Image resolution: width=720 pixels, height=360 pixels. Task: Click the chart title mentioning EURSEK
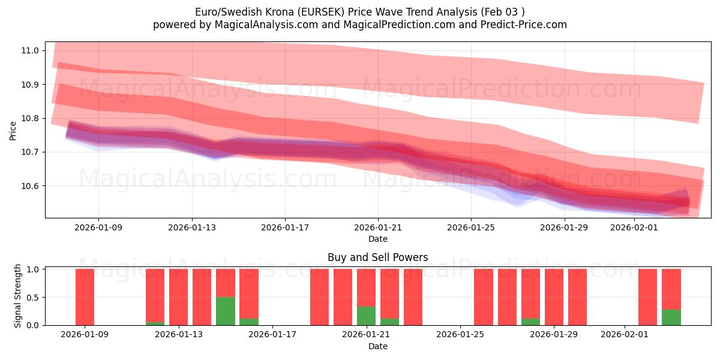[x=360, y=12]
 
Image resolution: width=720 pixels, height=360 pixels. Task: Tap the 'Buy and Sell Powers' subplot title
[x=377, y=257]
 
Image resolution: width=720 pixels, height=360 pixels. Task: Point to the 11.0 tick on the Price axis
[x=30, y=50]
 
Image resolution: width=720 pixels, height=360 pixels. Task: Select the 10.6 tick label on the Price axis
[x=30, y=186]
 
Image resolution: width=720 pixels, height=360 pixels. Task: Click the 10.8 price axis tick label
[x=30, y=118]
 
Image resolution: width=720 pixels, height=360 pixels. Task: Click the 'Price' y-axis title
[x=13, y=130]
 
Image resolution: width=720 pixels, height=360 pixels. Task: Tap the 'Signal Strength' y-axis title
[x=18, y=296]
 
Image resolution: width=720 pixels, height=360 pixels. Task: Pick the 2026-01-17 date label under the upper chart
[x=284, y=227]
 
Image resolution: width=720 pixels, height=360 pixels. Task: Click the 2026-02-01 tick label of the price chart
[x=634, y=227]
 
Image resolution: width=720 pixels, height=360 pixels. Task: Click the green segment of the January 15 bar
[x=226, y=311]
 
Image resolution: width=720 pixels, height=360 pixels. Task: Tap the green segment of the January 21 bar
[x=366, y=316]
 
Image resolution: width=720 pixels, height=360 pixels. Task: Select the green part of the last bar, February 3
[x=671, y=317]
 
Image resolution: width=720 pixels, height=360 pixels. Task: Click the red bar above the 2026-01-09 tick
[x=85, y=297]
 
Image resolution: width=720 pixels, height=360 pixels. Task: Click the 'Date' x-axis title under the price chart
[x=377, y=239]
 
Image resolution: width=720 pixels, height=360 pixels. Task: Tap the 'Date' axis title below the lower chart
[x=377, y=346]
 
